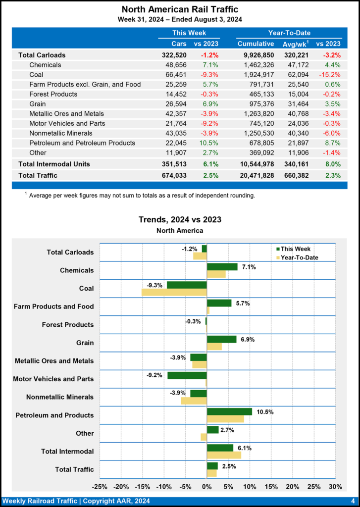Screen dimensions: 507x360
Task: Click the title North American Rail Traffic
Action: tap(179, 9)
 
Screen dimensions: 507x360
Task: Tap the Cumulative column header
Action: tap(256, 44)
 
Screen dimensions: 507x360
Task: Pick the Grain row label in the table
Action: tap(38, 103)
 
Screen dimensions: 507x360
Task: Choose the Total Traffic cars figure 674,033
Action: tap(174, 175)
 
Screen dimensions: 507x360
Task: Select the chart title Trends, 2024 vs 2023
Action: tap(179, 219)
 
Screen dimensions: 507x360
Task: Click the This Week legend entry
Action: tap(296, 249)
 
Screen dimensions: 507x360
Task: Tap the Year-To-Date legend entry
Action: tap(299, 257)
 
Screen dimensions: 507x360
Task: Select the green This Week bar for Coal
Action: tap(187, 285)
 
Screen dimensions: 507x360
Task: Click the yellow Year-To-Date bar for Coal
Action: tap(174, 292)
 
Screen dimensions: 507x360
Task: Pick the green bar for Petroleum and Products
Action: tap(229, 411)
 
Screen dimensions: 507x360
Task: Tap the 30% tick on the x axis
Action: tap(335, 487)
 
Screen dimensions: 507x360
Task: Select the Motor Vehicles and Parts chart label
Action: tap(53, 379)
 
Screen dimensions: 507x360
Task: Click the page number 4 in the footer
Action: tap(353, 501)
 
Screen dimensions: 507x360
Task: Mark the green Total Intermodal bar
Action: tap(220, 448)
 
